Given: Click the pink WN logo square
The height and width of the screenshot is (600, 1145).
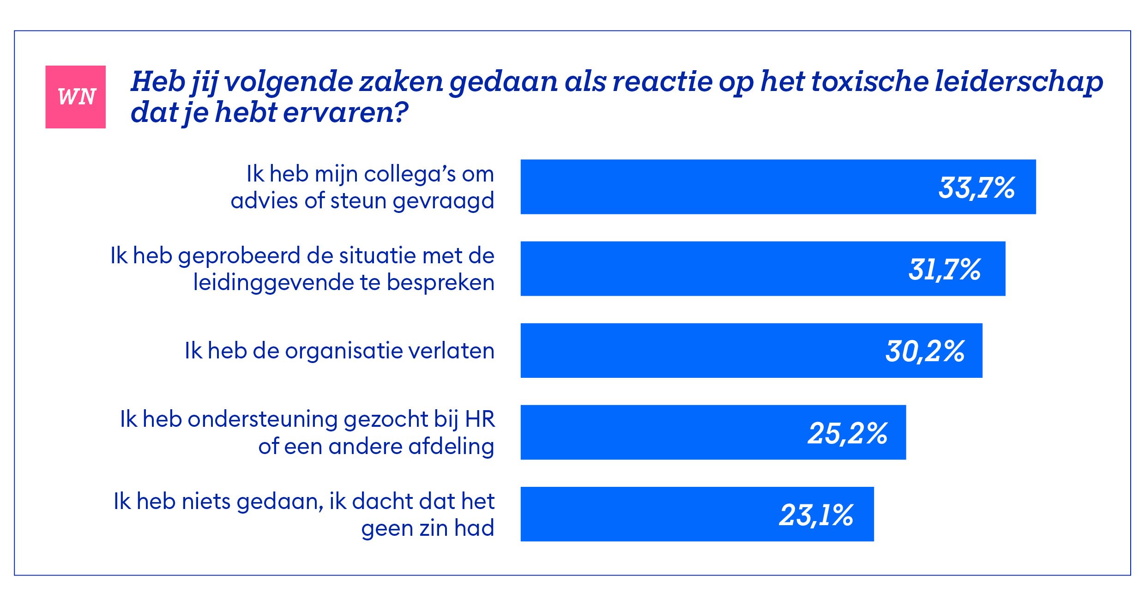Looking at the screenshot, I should [x=75, y=97].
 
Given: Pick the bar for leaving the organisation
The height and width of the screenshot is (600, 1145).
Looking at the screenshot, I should [x=693, y=350].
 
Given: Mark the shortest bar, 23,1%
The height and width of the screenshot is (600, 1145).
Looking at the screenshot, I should [x=646, y=514].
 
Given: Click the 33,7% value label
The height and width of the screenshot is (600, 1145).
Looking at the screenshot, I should [x=976, y=188].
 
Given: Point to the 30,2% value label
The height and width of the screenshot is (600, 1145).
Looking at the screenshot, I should [x=925, y=351].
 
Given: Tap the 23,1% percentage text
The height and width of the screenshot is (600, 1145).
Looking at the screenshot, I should [x=816, y=515].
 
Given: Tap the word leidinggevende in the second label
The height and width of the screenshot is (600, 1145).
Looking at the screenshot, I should [x=272, y=282].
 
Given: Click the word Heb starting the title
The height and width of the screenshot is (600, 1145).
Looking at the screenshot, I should [x=158, y=81].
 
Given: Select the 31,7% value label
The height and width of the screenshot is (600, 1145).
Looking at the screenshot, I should [x=944, y=269].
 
